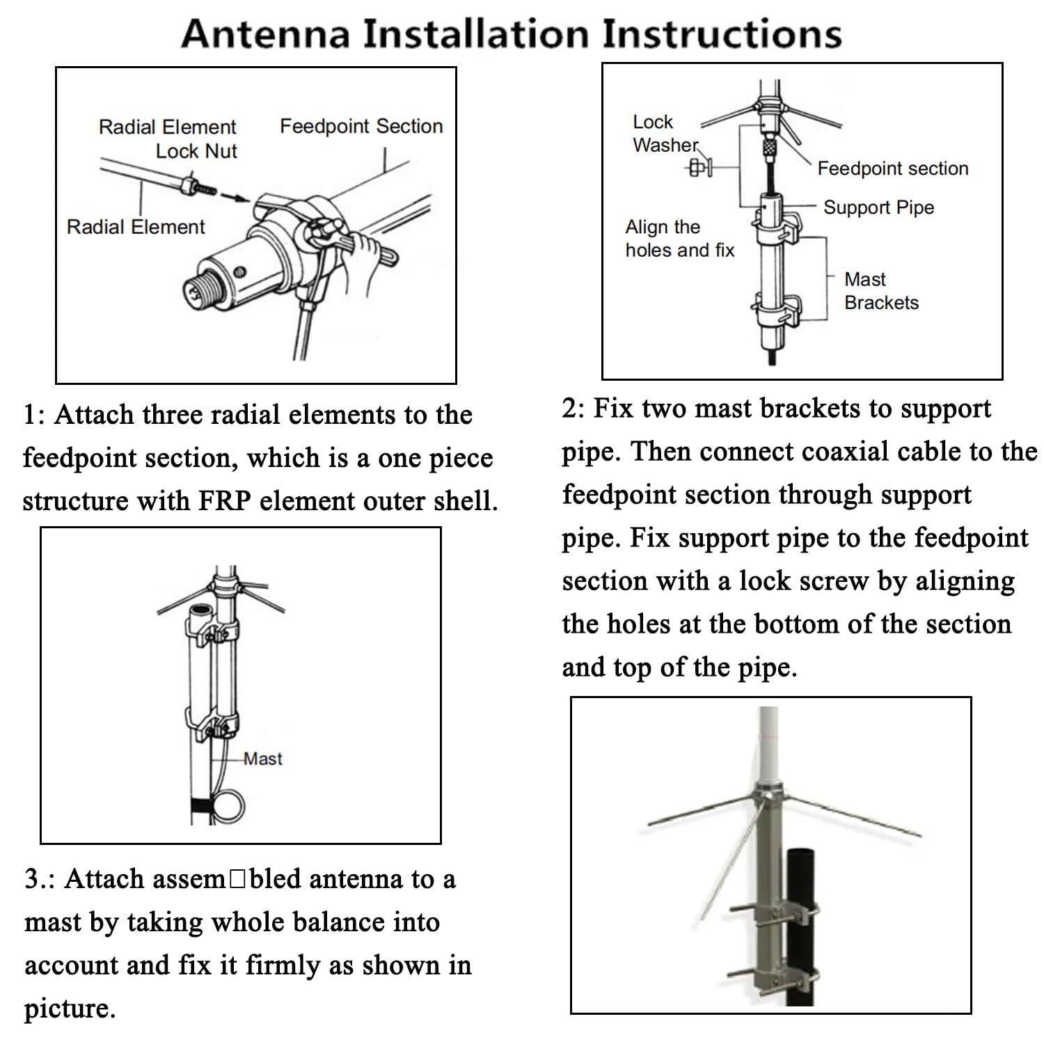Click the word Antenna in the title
(265, 33)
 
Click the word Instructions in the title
(722, 33)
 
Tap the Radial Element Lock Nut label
(168, 139)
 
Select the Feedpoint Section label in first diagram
(361, 126)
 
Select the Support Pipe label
(878, 207)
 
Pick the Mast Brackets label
(880, 291)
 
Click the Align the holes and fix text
(679, 238)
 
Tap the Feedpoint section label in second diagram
(892, 168)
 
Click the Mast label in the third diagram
(263, 759)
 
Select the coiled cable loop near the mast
(228, 806)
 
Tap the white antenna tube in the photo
(768, 745)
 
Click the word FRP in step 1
(224, 501)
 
